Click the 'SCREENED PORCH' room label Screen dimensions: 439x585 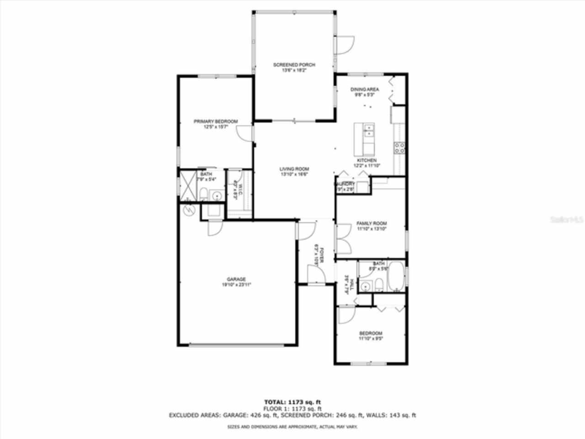[x=294, y=65]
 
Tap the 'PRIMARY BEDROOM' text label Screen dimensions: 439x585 [x=216, y=121]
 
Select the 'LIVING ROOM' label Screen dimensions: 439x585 [x=294, y=169]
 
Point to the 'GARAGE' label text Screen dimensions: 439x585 [x=236, y=279]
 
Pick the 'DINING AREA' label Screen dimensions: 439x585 [x=365, y=90]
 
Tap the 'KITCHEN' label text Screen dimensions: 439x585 [x=367, y=161]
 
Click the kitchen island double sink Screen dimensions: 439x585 [x=368, y=131]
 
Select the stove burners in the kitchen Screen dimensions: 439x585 [x=399, y=147]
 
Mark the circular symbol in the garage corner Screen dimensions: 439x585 [x=188, y=210]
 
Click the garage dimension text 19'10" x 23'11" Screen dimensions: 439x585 [x=236, y=284]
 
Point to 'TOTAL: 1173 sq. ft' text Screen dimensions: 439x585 [x=292, y=402]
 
